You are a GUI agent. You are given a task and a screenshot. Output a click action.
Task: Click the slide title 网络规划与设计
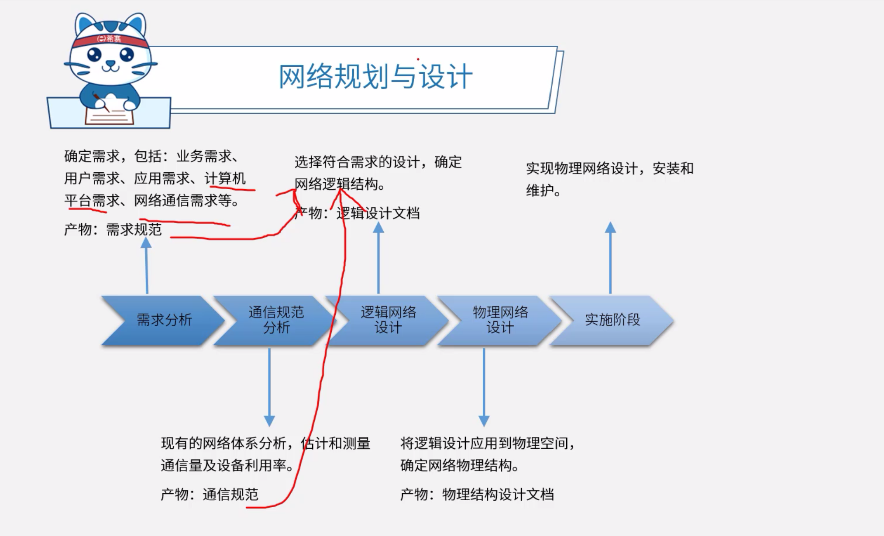tap(375, 77)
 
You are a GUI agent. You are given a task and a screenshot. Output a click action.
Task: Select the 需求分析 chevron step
tap(164, 320)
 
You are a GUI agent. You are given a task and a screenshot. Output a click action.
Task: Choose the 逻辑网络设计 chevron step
tap(388, 320)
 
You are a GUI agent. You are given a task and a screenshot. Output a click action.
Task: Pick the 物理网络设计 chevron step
tap(500, 320)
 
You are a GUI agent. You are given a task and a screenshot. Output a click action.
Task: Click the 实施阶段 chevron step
tap(612, 320)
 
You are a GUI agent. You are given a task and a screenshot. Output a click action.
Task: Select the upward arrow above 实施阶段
tap(610, 257)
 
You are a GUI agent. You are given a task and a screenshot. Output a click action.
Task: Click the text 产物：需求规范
tap(113, 229)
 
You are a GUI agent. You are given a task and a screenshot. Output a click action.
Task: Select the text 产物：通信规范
tap(210, 495)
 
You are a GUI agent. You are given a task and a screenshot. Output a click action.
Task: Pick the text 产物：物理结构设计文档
tap(477, 495)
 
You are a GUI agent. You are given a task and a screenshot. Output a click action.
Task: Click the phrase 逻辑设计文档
tap(378, 213)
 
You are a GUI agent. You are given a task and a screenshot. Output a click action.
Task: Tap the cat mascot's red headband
tap(109, 40)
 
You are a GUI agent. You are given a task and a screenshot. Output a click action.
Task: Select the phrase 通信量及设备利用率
tap(223, 466)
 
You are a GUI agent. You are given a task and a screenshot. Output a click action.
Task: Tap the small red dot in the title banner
tap(418, 59)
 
